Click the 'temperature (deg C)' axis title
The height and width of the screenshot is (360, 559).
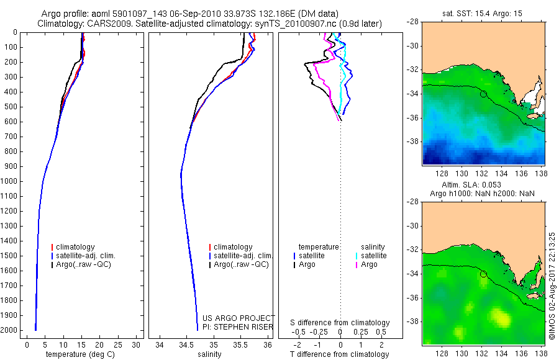click(80, 354)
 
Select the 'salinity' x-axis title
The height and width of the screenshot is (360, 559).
click(210, 354)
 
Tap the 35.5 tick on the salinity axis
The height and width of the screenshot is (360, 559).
click(240, 345)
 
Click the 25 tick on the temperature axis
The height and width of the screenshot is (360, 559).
click(117, 345)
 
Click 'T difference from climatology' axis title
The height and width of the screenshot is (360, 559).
click(339, 354)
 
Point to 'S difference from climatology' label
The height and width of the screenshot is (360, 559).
click(340, 323)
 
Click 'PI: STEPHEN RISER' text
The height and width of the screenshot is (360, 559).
click(238, 327)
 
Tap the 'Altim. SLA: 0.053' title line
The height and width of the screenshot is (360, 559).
click(471, 184)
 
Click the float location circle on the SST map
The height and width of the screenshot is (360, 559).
click(483, 94)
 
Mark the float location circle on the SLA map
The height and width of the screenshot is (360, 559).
click(483, 274)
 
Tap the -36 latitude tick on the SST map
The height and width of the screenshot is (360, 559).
click(412, 118)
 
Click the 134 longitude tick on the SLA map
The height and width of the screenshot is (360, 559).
click(501, 353)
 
